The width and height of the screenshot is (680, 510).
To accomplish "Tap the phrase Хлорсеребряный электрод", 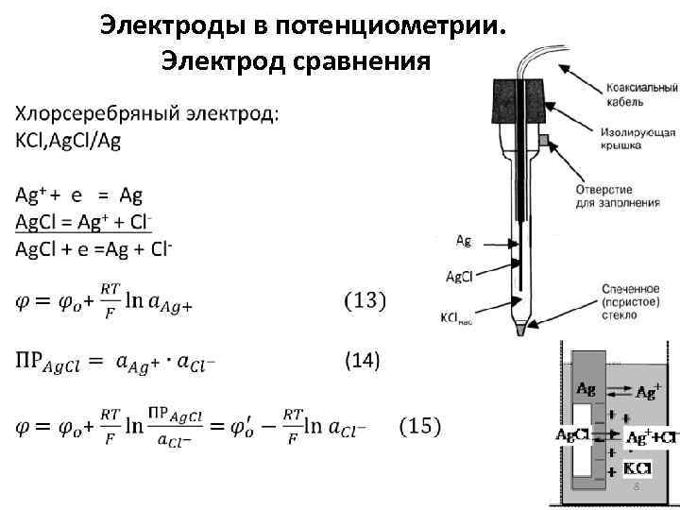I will coord(147,115).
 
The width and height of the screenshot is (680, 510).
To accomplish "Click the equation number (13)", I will coord(364,301).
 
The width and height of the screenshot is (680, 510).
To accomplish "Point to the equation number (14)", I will coord(361,360).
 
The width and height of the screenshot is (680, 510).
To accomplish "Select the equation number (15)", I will coord(420,426).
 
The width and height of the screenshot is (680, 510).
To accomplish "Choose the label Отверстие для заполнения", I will coord(610,195).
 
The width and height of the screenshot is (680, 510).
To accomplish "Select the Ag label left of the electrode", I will coord(464,241).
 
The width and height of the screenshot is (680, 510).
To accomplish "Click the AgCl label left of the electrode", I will coord(461,276).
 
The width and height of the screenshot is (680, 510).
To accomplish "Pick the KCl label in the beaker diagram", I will coord(637,467).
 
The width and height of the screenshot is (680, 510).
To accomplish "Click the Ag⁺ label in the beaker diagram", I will coord(649,391).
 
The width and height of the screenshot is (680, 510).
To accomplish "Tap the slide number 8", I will coord(636,485).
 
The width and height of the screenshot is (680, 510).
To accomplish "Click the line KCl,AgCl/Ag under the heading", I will coord(68,140).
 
